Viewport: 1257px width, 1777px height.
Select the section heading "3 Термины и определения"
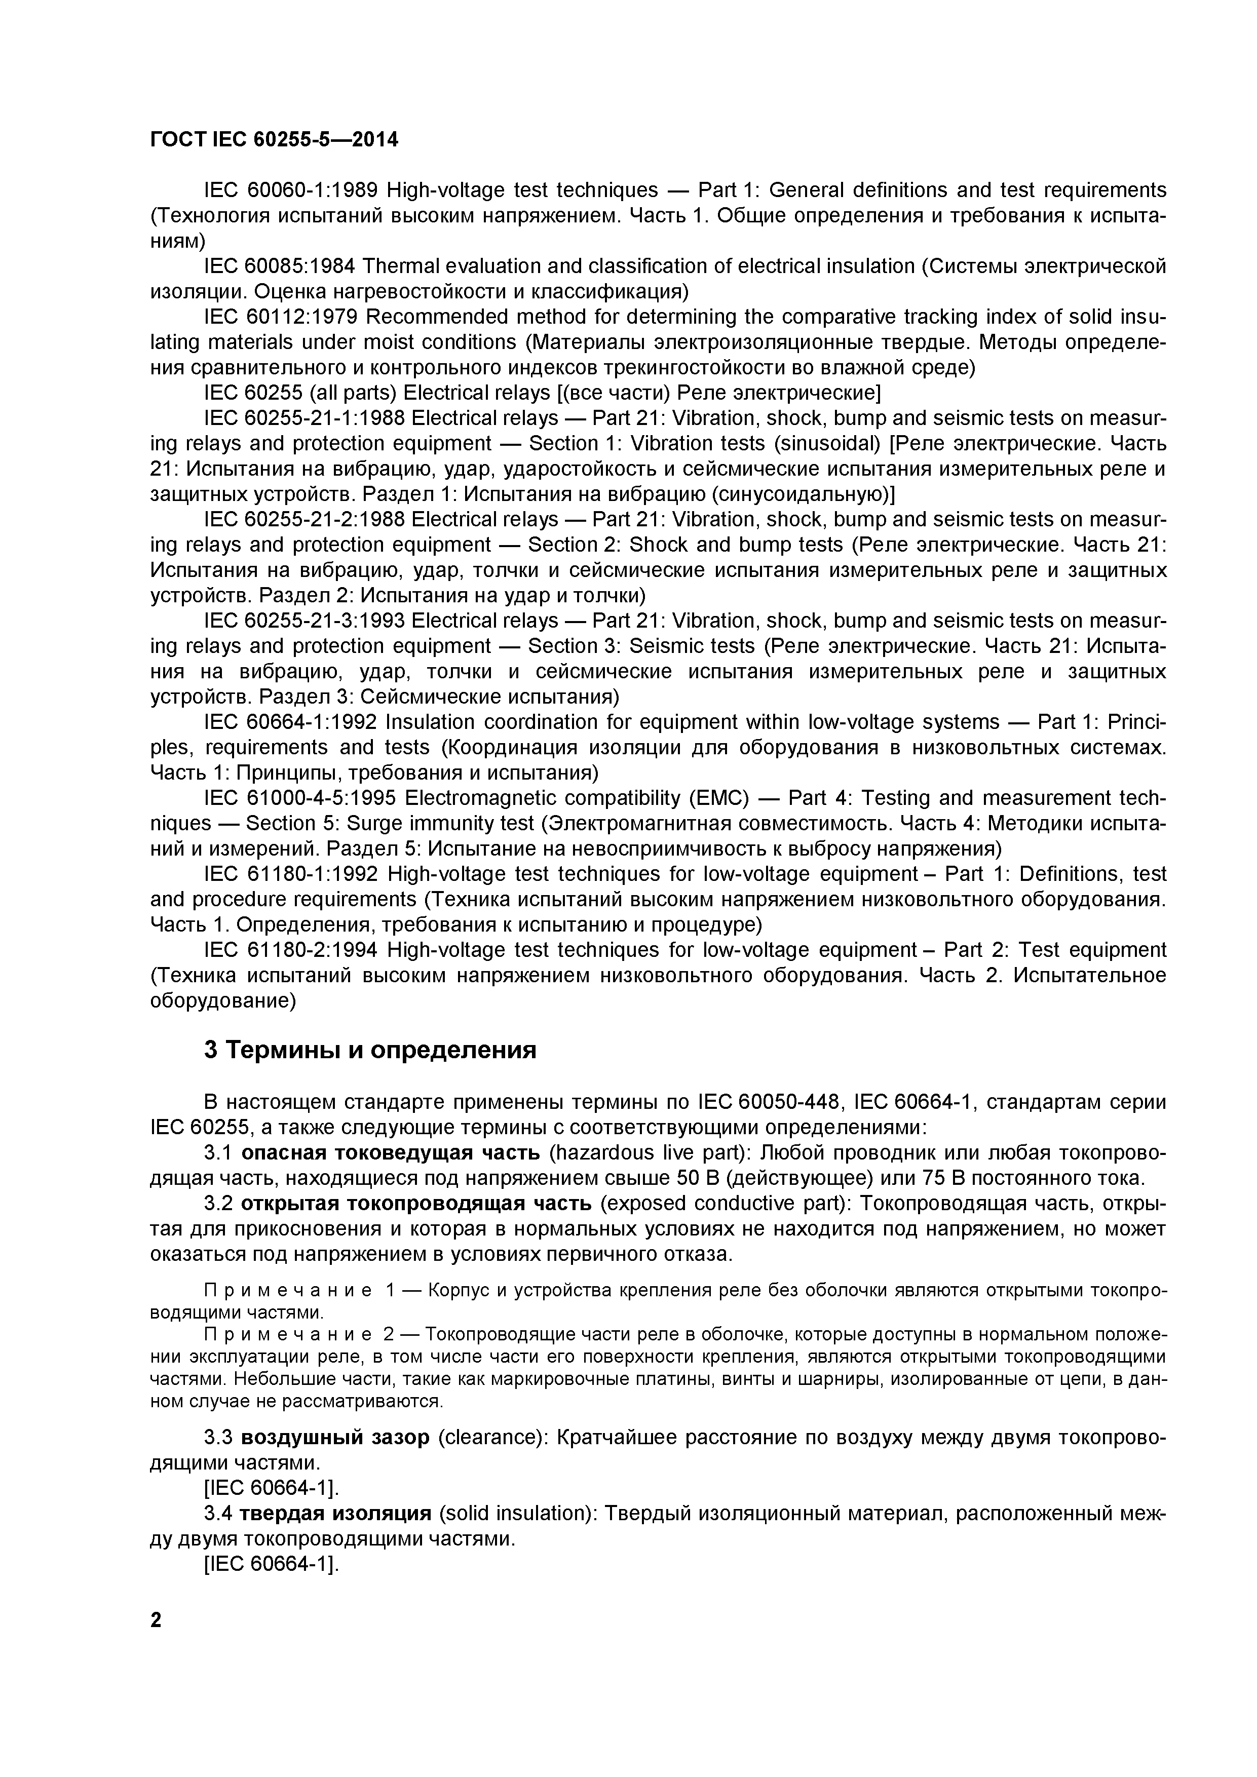coord(370,1050)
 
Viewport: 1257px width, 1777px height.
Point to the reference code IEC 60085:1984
coord(280,266)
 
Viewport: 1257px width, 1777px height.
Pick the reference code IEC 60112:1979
coord(280,317)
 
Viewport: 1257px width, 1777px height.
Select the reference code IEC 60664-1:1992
coord(290,723)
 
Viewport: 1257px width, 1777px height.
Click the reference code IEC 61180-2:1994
coord(290,950)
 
